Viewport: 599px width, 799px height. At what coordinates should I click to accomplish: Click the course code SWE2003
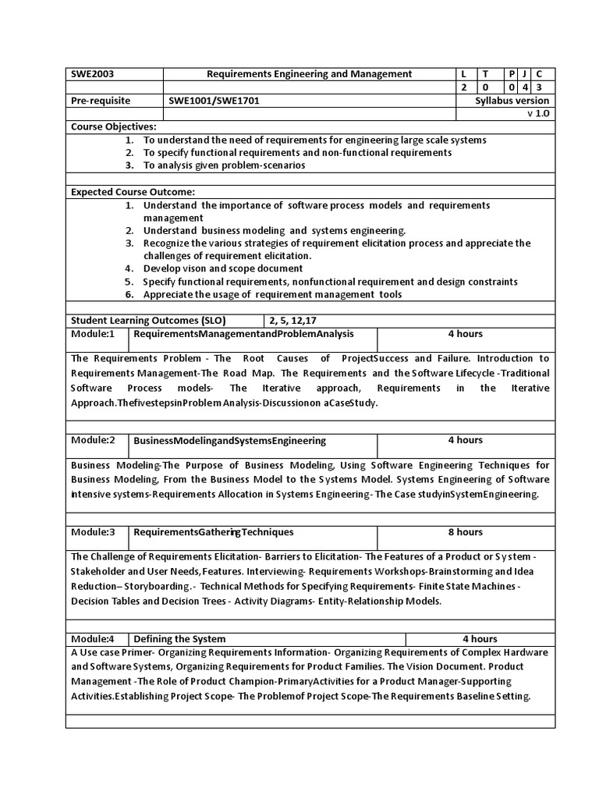pos(93,74)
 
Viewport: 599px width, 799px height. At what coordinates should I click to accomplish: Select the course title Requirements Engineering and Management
pos(309,74)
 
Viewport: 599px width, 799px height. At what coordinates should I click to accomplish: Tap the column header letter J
pos(524,74)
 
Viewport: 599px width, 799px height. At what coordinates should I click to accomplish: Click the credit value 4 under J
pos(524,88)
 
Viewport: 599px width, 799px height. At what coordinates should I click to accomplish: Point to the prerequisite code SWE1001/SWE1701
pos(209,101)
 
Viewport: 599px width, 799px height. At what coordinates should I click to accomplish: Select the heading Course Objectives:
pos(114,126)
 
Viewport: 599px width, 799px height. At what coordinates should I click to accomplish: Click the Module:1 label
pos(93,334)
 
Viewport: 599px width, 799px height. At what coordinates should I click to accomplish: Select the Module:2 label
pos(93,440)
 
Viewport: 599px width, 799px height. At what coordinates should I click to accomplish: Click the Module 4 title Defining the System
pos(179,638)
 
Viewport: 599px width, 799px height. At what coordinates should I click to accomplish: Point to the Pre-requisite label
pos(101,101)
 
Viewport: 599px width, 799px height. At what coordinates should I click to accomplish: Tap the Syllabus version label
pos(512,101)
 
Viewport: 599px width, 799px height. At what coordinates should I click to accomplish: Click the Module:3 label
pos(93,532)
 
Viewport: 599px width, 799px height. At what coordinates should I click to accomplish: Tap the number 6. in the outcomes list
pos(129,294)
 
